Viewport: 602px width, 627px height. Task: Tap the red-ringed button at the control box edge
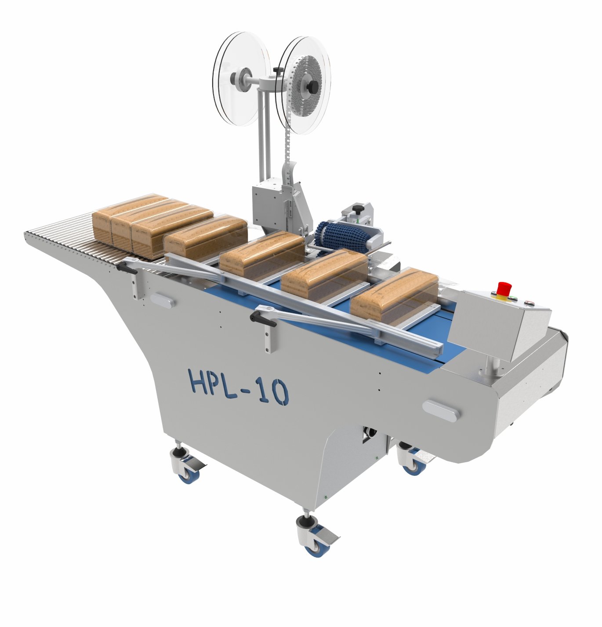click(x=529, y=303)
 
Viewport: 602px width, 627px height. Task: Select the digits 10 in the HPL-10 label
click(x=272, y=392)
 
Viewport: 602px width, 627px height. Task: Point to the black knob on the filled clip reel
click(x=312, y=86)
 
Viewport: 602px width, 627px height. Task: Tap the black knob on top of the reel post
click(x=277, y=70)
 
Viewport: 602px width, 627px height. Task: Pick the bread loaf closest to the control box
click(x=394, y=295)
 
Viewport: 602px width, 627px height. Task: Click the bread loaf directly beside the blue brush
click(x=324, y=272)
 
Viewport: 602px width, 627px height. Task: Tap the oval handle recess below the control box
click(x=441, y=411)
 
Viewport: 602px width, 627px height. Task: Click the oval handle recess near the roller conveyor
click(x=162, y=301)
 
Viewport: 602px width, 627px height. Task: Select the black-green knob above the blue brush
click(x=359, y=208)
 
